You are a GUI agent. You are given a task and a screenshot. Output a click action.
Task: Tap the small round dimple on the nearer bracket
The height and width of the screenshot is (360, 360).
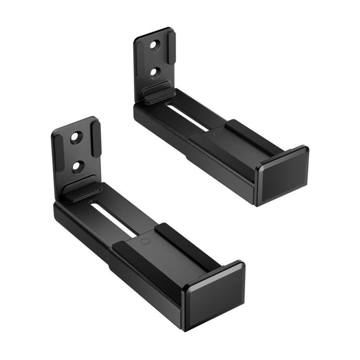pyautogui.click(x=145, y=241)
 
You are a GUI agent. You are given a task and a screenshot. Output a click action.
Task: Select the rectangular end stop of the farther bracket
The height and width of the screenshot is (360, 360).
pyautogui.click(x=283, y=175)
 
